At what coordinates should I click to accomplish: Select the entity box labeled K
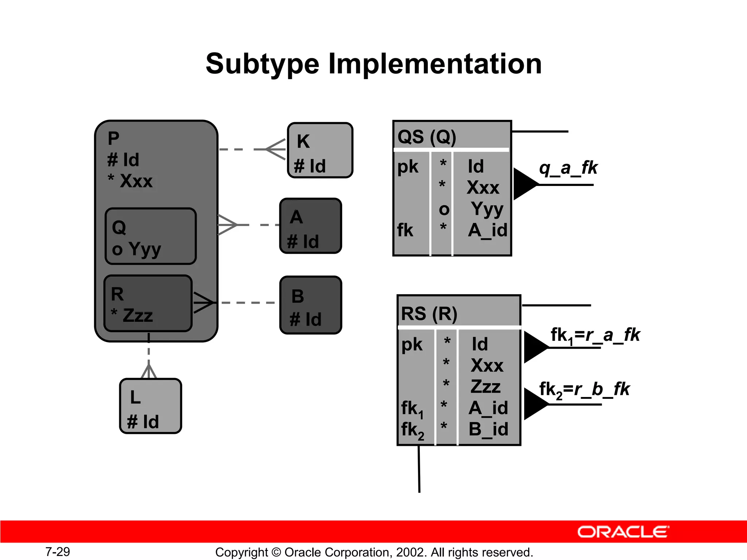pyautogui.click(x=320, y=150)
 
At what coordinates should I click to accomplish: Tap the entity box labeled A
pyautogui.click(x=310, y=226)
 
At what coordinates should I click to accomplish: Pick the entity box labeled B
pyautogui.click(x=310, y=305)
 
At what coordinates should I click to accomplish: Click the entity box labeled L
pyautogui.click(x=150, y=406)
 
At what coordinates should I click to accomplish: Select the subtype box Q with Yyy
pyautogui.click(x=150, y=236)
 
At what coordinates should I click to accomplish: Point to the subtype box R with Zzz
pyautogui.click(x=148, y=303)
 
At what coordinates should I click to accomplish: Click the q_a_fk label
pyautogui.click(x=568, y=168)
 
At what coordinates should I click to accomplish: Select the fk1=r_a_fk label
pyautogui.click(x=595, y=335)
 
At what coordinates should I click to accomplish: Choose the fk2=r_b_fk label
pyautogui.click(x=584, y=389)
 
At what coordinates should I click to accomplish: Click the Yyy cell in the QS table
pyautogui.click(x=487, y=209)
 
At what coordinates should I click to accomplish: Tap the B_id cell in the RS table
pyautogui.click(x=488, y=429)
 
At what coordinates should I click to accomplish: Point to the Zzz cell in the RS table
pyautogui.click(x=485, y=386)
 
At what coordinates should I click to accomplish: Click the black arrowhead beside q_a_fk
pyautogui.click(x=524, y=184)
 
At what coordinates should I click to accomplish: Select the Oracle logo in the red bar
pyautogui.click(x=623, y=532)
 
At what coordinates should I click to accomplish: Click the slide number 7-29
pyautogui.click(x=58, y=552)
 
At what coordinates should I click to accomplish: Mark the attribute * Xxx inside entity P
pyautogui.click(x=130, y=181)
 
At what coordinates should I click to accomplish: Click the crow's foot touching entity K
pyautogui.click(x=276, y=149)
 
